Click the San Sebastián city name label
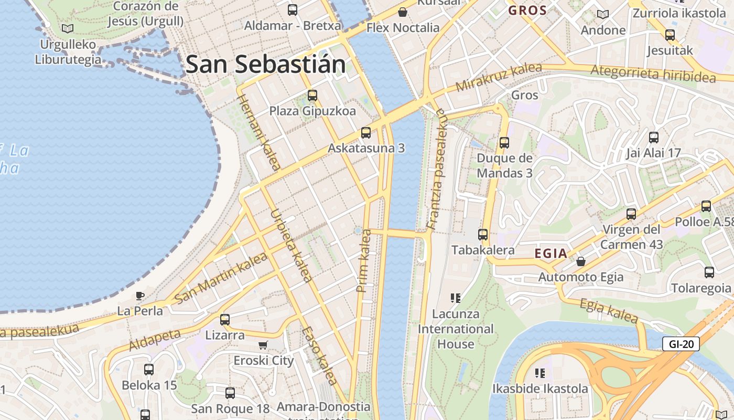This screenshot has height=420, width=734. tap(266, 65)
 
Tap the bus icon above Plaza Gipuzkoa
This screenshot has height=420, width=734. tap(312, 96)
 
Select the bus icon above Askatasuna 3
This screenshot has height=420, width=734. tap(366, 133)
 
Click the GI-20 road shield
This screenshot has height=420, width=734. tap(681, 344)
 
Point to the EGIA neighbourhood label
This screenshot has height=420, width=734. tap(551, 254)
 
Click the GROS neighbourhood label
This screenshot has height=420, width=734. tap(527, 10)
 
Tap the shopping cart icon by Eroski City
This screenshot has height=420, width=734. tap(263, 345)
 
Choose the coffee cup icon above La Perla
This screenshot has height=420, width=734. tap(139, 296)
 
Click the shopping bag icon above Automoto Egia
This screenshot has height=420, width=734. tap(581, 261)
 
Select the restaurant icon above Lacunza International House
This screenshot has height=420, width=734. tap(455, 298)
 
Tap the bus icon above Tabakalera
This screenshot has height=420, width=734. tap(483, 235)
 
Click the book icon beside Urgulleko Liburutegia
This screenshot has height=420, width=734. tap(67, 28)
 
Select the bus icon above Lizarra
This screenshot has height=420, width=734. tap(225, 319)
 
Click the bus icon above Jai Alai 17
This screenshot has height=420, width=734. tap(654, 138)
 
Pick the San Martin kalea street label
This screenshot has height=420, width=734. tap(221, 277)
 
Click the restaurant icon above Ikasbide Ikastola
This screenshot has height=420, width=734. tap(540, 373)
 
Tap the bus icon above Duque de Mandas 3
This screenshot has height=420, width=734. tap(504, 142)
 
